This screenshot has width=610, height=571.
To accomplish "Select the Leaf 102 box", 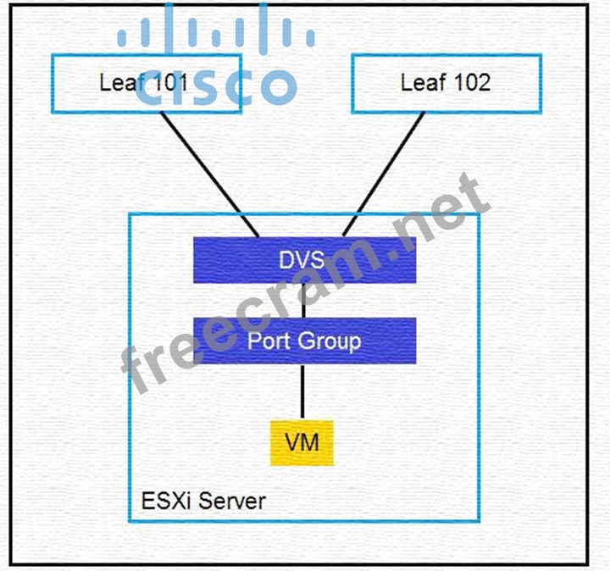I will pos(445,82).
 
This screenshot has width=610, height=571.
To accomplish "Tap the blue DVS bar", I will pos(304,259).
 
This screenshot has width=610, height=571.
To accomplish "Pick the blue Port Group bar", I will pos(304,341).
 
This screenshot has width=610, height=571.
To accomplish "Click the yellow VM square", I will pos(302,442).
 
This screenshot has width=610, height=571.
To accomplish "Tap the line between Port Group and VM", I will pos(302,391).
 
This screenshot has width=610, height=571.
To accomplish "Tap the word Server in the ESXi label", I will pos(232,500).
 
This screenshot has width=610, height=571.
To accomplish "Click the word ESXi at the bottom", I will pos(162,500).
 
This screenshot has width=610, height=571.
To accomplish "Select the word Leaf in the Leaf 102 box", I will pos(420,82).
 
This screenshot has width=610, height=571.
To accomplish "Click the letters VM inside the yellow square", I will pos(302,442).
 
